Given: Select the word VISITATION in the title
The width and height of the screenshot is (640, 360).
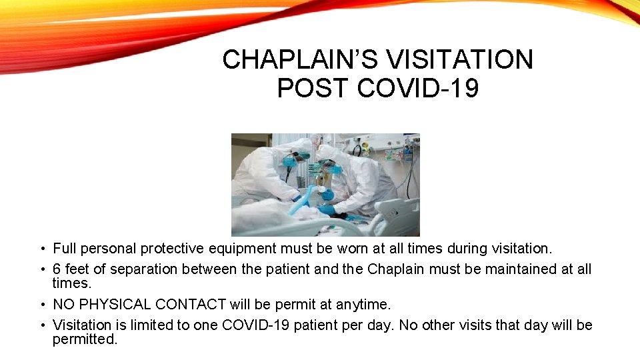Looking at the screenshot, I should (x=460, y=60).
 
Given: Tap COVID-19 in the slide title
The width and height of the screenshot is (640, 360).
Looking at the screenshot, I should (x=418, y=88).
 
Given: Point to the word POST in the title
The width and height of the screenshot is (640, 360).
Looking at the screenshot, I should (x=313, y=88).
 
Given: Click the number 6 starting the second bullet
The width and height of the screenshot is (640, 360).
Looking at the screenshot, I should (x=57, y=269).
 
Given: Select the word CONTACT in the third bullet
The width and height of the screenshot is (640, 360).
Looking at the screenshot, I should (x=191, y=305).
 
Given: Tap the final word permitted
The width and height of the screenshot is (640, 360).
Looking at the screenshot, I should (x=85, y=339).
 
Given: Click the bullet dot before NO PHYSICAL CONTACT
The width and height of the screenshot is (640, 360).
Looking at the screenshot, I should (x=42, y=305).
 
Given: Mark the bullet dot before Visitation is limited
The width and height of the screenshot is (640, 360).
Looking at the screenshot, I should (x=42, y=325).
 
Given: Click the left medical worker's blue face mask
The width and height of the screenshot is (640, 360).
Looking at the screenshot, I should (x=291, y=161).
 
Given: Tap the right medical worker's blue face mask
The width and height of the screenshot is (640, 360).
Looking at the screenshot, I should (x=333, y=169).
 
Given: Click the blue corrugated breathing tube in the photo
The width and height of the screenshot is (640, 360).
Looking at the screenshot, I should (x=308, y=197).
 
